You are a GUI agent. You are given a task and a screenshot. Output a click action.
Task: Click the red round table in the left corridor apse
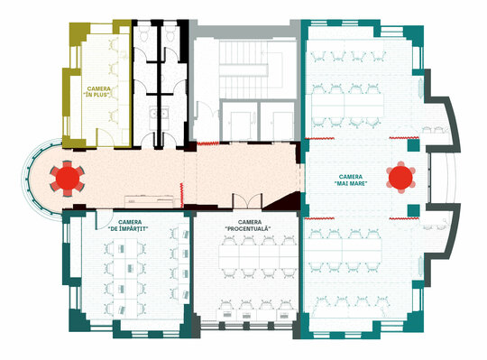[67, 179]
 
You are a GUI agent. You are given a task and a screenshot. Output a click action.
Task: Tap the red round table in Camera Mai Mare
[400, 178]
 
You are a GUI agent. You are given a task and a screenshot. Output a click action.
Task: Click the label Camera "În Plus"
[97, 92]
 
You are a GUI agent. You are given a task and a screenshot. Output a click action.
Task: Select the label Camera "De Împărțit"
[130, 226]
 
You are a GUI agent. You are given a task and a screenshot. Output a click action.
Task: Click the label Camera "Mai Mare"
[351, 180]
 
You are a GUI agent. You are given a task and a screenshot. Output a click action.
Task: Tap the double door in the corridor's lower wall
[247, 201]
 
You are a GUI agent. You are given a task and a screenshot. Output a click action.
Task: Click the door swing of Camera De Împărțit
[104, 219]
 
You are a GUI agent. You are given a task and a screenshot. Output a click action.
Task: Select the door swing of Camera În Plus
[105, 137]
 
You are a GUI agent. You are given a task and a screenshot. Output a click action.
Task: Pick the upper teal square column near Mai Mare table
[413, 145]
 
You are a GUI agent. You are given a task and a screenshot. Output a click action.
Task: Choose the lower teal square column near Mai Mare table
[413, 210]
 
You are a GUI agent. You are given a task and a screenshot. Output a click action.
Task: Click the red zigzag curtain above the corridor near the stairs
[207, 143]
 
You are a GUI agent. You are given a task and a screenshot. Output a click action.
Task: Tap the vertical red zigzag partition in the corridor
[181, 195]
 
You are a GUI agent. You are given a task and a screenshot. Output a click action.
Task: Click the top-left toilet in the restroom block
[143, 34]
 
